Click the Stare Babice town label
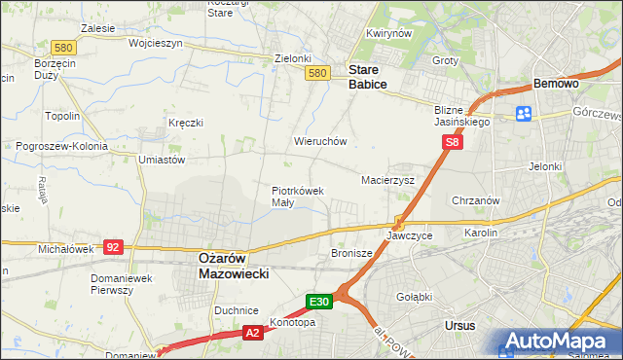368,77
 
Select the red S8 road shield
452,142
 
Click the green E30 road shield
321,302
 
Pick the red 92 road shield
113,247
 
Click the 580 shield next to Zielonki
316,73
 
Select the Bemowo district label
555,85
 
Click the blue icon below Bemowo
523,113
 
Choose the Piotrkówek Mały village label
296,197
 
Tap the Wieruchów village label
320,141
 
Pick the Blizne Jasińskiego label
461,117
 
